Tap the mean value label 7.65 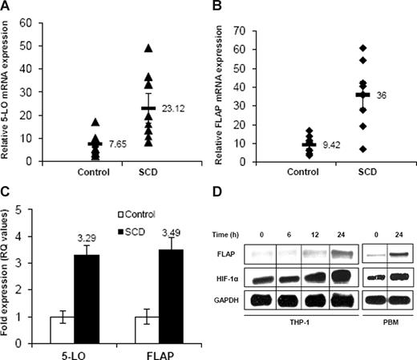tap(117, 142)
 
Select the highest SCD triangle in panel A tap(148, 48)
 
